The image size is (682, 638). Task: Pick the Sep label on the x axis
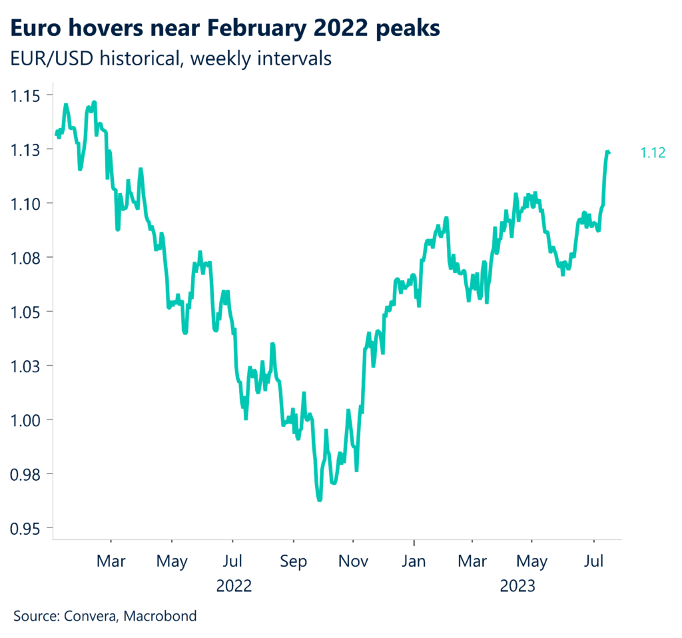293,561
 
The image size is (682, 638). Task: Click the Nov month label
354,561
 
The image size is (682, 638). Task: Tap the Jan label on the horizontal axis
414,561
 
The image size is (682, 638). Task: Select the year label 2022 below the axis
234,586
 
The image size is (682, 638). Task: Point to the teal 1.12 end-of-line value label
653,153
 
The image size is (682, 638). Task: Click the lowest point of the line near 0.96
320,499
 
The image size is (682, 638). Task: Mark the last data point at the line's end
609,153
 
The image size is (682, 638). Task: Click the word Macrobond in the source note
164,615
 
